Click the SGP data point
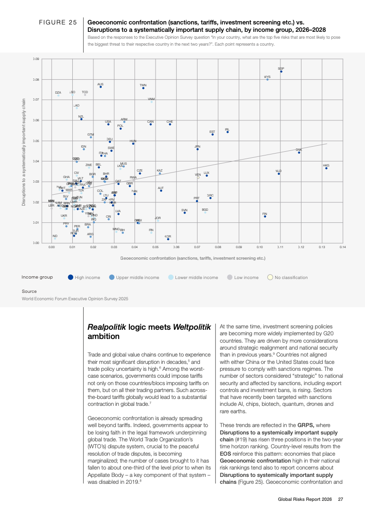point(281,71)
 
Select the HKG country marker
point(326,168)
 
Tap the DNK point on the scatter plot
point(299,153)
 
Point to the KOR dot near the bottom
point(168,239)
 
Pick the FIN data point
point(265,216)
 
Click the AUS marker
point(101,87)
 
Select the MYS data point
point(267,79)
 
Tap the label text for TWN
point(143,85)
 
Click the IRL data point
point(227,132)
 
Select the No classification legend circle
point(270,277)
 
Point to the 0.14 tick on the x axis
point(342,247)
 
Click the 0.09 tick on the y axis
point(36,59)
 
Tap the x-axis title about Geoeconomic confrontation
point(192,258)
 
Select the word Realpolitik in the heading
point(107,327)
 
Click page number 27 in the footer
point(341,499)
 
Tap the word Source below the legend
point(29,291)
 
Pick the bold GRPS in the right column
point(306,425)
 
